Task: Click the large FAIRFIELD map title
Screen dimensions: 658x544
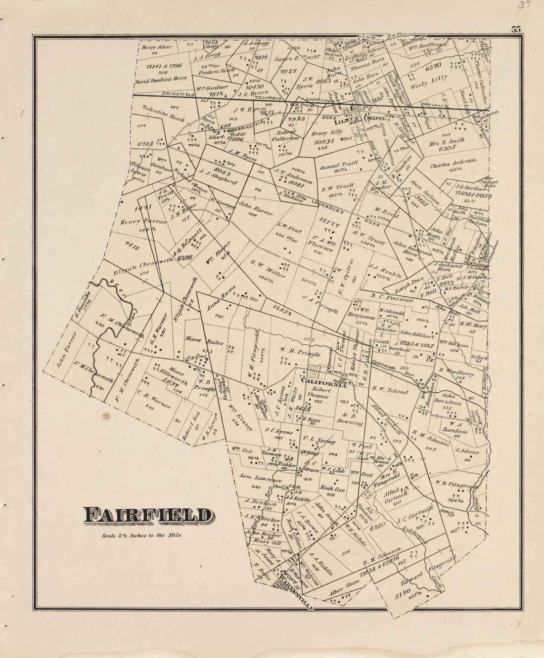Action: pyautogui.click(x=147, y=516)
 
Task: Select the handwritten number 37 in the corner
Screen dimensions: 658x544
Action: pyautogui.click(x=520, y=6)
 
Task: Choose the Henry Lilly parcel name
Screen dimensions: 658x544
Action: pyautogui.click(x=326, y=130)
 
